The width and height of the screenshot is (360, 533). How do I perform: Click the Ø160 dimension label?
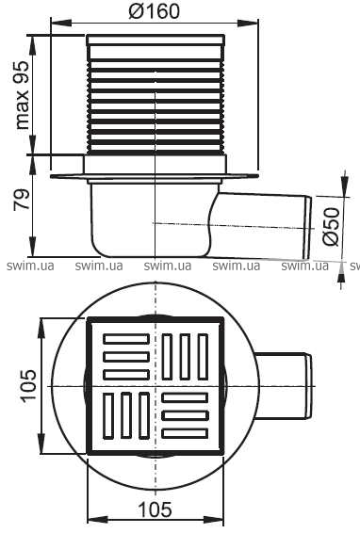coord(155,11)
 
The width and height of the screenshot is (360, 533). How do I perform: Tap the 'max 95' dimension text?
coord(23,95)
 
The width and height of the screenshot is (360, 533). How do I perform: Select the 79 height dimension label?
coord(22,200)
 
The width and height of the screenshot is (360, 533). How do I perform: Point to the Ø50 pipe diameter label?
coord(332,226)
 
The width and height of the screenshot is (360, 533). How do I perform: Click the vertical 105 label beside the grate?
coord(28,386)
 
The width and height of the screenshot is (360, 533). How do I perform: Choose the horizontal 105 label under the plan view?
coord(155,509)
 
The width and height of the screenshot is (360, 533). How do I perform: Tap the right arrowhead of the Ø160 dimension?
coord(248,24)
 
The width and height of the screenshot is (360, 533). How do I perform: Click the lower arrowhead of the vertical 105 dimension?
coord(41,443)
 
